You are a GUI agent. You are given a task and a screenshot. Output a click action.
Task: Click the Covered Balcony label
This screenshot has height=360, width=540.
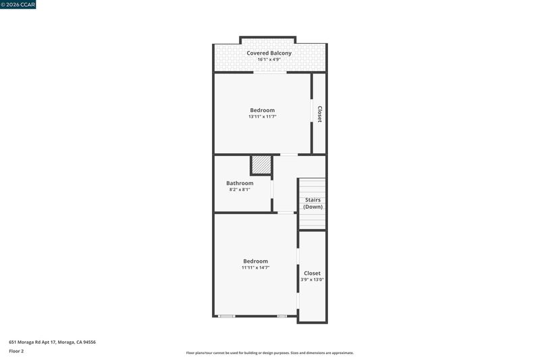(x=269, y=53)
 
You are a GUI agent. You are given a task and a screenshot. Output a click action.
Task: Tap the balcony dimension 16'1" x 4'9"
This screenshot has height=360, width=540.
(x=269, y=59)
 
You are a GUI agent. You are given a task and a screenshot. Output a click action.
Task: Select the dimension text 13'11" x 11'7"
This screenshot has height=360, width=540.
(x=263, y=117)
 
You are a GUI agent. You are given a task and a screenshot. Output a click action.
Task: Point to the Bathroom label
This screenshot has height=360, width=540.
(x=240, y=183)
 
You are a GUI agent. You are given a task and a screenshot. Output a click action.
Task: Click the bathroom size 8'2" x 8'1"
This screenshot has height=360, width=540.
(x=240, y=190)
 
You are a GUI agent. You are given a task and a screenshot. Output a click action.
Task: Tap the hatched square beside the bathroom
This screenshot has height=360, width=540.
(x=261, y=165)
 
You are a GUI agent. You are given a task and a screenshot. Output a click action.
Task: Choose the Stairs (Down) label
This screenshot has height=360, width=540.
(x=313, y=203)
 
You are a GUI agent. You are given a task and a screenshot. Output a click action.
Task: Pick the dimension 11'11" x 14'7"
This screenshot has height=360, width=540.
(x=256, y=267)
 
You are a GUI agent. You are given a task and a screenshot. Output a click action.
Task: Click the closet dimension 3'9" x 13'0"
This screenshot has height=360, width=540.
(x=312, y=280)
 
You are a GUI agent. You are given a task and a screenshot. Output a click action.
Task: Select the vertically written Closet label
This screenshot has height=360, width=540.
(x=319, y=114)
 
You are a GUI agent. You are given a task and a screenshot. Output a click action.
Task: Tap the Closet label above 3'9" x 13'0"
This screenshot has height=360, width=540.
(x=312, y=273)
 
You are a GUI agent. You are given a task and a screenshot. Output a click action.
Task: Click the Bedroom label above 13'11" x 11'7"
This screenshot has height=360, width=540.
(x=263, y=110)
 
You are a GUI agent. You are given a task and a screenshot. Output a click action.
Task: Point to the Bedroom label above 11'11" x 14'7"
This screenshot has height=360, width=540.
(x=256, y=261)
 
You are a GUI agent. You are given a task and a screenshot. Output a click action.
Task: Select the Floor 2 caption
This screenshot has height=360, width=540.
(x=16, y=351)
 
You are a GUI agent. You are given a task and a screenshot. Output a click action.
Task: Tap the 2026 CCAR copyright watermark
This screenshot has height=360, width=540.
(x=18, y=5)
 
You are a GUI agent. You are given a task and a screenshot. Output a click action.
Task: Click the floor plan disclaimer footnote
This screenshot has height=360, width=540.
(x=270, y=353)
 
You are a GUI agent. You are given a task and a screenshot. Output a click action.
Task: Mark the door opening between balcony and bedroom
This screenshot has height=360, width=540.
(x=271, y=72)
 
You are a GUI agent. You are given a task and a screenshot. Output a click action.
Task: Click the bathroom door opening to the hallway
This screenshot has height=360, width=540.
(x=272, y=189)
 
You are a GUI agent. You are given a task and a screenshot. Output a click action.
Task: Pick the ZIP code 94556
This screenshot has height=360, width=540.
(x=90, y=342)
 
